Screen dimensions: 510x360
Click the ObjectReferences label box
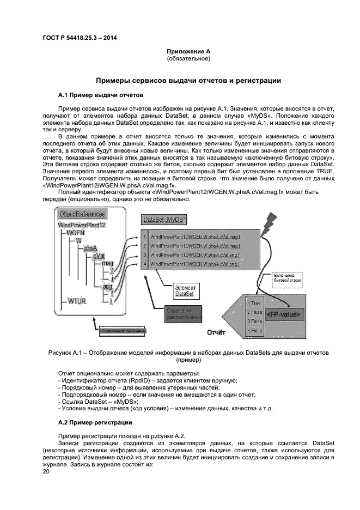click(x=82, y=214)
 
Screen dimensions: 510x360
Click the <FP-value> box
click(x=283, y=315)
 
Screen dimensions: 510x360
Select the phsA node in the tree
click(x=90, y=247)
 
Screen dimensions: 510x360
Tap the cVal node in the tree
click(x=99, y=255)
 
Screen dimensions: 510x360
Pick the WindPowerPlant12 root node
click(x=81, y=224)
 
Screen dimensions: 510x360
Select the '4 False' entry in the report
click(x=254, y=330)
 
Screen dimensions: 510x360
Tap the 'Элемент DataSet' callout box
click(x=186, y=290)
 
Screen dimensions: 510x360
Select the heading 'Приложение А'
click(x=188, y=51)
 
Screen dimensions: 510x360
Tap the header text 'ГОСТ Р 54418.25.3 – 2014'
click(x=80, y=38)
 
